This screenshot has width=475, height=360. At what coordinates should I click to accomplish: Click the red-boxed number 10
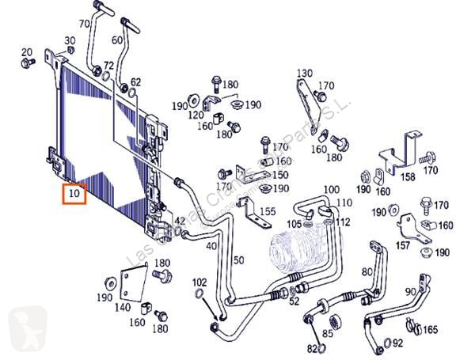click(x=74, y=193)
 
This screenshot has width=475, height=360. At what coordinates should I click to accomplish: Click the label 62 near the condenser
click(x=135, y=81)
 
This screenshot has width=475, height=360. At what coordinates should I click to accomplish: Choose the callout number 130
click(x=305, y=74)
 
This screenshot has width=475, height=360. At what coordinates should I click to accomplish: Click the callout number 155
click(x=268, y=211)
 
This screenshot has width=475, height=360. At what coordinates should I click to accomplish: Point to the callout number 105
click(x=294, y=225)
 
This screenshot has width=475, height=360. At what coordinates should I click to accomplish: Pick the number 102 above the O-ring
click(x=199, y=281)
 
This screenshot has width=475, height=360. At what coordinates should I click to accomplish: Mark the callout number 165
click(x=431, y=329)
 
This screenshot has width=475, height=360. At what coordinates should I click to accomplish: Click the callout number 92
click(x=397, y=343)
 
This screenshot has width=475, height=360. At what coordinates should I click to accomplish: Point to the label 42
click(x=180, y=221)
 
